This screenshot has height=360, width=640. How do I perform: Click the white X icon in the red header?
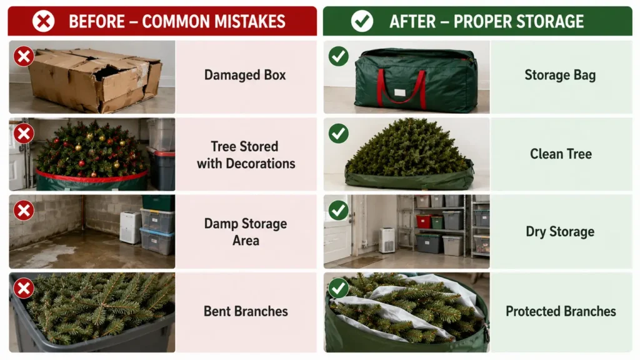[43, 21]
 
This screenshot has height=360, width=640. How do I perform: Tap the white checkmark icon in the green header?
[362, 21]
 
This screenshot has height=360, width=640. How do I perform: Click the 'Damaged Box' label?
[245, 75]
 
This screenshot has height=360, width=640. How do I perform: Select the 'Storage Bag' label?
[560, 75]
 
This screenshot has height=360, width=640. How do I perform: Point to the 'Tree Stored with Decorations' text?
[246, 155]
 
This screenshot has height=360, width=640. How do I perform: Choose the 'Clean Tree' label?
[561, 154]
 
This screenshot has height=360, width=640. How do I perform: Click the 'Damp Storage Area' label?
[246, 232]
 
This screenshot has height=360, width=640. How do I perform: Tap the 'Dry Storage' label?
[560, 232]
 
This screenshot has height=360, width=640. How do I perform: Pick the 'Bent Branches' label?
[246, 311]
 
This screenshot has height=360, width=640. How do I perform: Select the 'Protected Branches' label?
[561, 311]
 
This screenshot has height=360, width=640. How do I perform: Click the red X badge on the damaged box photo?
[24, 56]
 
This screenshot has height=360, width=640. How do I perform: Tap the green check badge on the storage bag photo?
[338, 56]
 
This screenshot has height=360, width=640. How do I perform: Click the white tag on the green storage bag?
[400, 92]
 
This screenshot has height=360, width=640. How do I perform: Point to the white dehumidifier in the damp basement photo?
[130, 227]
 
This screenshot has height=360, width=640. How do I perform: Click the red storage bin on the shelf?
[424, 221]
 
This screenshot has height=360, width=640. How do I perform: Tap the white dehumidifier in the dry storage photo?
[386, 241]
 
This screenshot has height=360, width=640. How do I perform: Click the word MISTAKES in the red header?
[249, 22]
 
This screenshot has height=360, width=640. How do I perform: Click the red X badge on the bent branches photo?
[24, 289]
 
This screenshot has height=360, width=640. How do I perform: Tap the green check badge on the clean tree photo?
[338, 134]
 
